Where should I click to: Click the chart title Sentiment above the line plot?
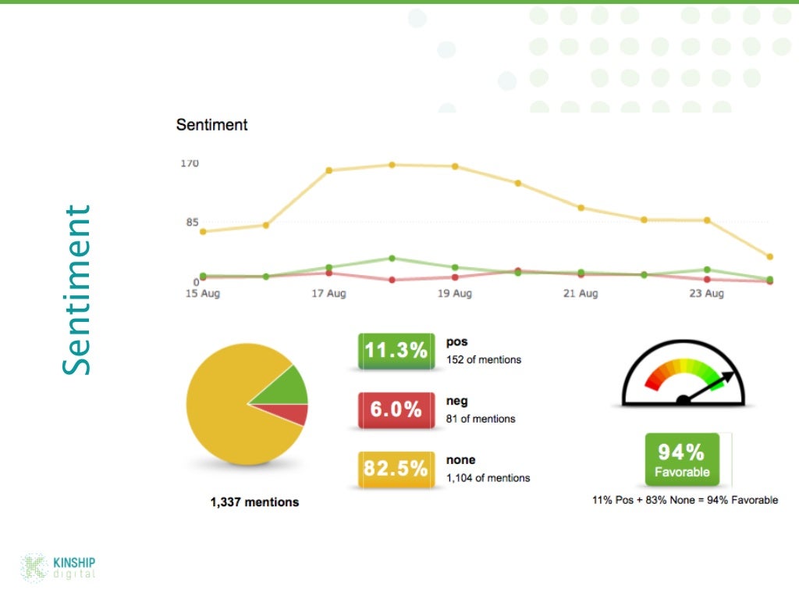(211, 125)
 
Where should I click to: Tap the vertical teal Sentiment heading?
(77, 290)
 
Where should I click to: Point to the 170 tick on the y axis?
(190, 163)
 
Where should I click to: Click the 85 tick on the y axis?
(191, 223)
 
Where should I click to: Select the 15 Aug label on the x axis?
(202, 295)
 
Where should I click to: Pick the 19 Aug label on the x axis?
(454, 295)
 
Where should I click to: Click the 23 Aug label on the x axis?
(706, 295)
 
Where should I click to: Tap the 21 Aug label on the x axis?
(580, 295)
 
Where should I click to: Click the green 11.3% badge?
(396, 351)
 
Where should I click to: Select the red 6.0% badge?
(396, 409)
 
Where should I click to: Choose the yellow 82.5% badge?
(396, 469)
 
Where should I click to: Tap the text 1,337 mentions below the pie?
(254, 502)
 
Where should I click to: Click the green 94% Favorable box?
(681, 459)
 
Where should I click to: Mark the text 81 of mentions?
(481, 419)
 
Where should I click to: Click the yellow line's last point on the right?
(769, 257)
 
